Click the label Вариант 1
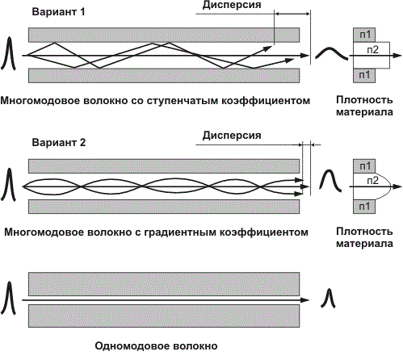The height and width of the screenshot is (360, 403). click(58, 12)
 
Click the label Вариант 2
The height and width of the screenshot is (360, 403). click(59, 142)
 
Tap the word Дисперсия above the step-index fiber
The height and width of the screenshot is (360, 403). click(232, 5)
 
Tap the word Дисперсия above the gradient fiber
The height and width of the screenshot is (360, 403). click(232, 135)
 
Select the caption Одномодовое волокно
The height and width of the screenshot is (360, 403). click(156, 345)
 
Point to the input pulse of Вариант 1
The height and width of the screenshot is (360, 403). click(9, 53)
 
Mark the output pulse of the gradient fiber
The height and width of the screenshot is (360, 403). click(330, 180)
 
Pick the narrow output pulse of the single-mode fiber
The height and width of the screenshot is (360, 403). click(328, 298)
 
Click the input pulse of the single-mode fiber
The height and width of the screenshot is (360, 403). click(9, 298)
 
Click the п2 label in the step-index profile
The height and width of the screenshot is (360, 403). click(373, 49)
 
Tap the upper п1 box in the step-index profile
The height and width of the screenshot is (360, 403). click(364, 35)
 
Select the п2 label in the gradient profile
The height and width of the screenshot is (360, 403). click(373, 181)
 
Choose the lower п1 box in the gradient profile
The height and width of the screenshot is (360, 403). click(364, 207)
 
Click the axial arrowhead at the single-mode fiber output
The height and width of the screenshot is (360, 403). click(305, 300)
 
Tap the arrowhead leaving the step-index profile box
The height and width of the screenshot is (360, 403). click(397, 56)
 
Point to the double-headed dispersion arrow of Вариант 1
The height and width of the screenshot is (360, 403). click(292, 14)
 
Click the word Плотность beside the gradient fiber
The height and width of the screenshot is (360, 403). click(364, 232)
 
